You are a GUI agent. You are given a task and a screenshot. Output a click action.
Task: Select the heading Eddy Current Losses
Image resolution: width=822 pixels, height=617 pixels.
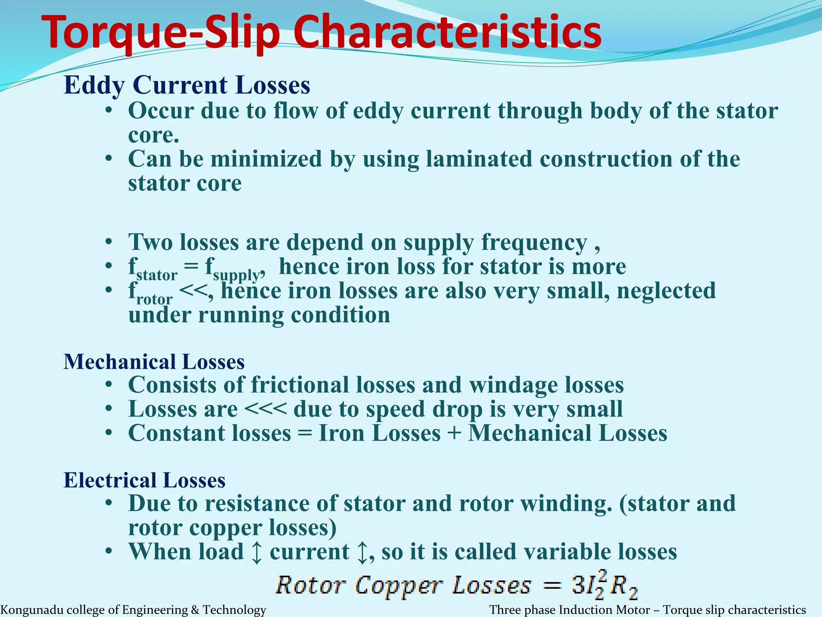(187, 85)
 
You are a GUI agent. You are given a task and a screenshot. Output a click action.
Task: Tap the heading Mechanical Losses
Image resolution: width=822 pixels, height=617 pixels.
(154, 362)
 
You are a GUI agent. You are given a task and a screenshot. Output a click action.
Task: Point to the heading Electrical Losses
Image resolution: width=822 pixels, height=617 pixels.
(144, 480)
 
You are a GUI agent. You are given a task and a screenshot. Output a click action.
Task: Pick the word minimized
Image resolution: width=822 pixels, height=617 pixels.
(266, 159)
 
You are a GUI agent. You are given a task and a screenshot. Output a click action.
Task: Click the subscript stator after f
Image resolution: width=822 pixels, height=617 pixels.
(157, 275)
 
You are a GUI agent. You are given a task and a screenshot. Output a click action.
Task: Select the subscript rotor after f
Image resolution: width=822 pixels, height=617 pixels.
(155, 299)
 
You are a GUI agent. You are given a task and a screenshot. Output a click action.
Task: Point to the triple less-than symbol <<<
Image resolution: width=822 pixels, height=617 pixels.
(265, 409)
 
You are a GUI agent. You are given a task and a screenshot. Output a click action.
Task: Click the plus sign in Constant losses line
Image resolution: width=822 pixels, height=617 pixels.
(454, 433)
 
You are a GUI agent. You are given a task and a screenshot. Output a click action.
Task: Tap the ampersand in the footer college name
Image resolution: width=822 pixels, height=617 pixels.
(195, 610)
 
